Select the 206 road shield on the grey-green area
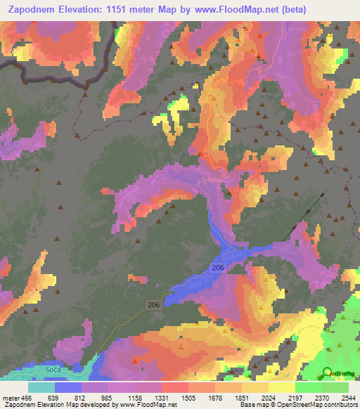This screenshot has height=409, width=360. pos(155,304)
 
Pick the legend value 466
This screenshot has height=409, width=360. pos(25,398)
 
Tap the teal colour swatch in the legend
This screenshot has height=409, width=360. pos(41,387)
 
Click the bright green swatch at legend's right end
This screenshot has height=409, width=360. pos(335,387)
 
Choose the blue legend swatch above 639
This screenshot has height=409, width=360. pos(68,387)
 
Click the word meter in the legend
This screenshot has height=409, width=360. pos(10,398)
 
